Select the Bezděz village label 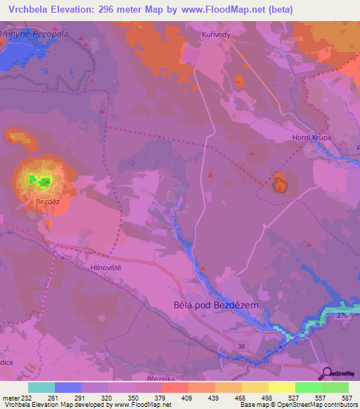point(48,201)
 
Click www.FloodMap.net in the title point(224,10)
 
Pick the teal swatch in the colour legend point(41,387)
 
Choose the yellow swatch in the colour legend point(281,387)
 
